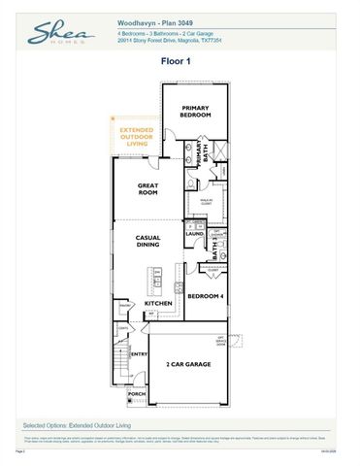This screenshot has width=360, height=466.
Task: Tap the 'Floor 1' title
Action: [180, 60]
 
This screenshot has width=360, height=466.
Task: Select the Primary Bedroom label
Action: [195, 112]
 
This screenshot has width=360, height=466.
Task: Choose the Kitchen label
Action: [158, 304]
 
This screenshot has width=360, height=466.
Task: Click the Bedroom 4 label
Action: [206, 296]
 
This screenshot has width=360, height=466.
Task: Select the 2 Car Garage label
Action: [187, 364]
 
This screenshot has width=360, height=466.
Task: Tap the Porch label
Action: [137, 394]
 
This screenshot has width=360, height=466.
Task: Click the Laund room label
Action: [194, 234]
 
